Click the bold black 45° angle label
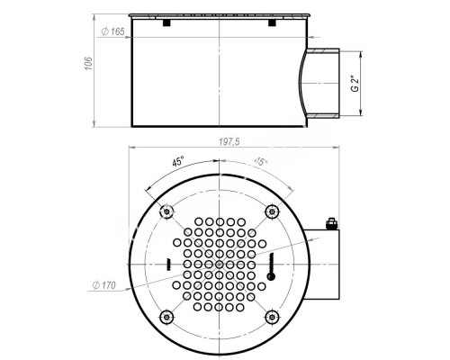point(177,164)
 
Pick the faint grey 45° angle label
point(261,162)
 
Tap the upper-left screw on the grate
point(166,211)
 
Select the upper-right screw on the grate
point(272,211)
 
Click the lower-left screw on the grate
point(166,317)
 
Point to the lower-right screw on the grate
point(272,317)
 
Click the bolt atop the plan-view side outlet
point(330,224)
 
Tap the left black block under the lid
point(166,23)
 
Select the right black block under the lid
point(271,23)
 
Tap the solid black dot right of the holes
point(268,278)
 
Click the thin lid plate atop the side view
point(219,15)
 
